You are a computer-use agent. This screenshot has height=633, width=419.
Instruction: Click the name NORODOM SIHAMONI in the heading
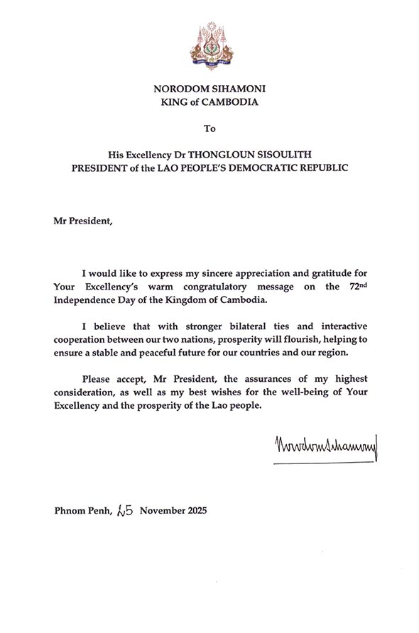pyautogui.click(x=209, y=89)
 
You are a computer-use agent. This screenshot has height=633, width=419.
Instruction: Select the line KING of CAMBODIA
pyautogui.click(x=209, y=102)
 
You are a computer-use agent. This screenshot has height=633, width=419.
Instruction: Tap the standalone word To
pyautogui.click(x=209, y=129)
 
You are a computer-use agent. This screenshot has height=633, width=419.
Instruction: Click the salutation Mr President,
pyautogui.click(x=82, y=219)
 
